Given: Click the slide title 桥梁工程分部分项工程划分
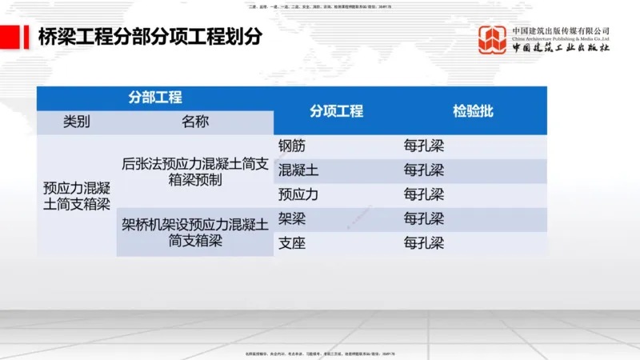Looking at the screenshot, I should [150, 37].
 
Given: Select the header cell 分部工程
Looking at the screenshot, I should [155, 98].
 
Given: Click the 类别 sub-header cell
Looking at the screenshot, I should [77, 122].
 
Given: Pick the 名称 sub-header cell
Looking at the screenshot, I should [195, 122].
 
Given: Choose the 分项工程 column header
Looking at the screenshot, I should [337, 111].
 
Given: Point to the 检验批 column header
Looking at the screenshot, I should [473, 111].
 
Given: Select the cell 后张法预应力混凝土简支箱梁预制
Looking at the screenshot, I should [195, 171].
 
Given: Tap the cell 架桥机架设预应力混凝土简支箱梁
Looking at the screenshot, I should [195, 232].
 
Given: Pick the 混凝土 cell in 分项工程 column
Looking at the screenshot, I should [298, 170].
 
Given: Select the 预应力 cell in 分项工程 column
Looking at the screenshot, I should [298, 194].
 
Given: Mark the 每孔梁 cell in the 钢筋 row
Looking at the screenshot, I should [423, 146].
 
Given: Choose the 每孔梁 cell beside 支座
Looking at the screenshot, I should [423, 243].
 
